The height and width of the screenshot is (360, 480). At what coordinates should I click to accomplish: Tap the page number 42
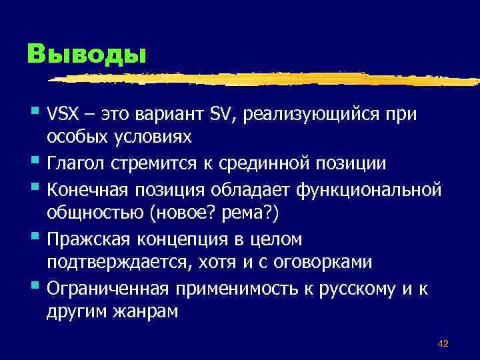(x=443, y=343)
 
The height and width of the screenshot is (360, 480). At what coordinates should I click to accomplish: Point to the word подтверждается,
(x=117, y=263)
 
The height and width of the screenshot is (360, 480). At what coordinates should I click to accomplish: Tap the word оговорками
(x=316, y=262)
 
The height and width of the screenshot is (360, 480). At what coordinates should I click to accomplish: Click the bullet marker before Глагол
(x=34, y=161)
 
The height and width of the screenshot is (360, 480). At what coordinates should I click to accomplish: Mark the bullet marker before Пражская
(x=34, y=237)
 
